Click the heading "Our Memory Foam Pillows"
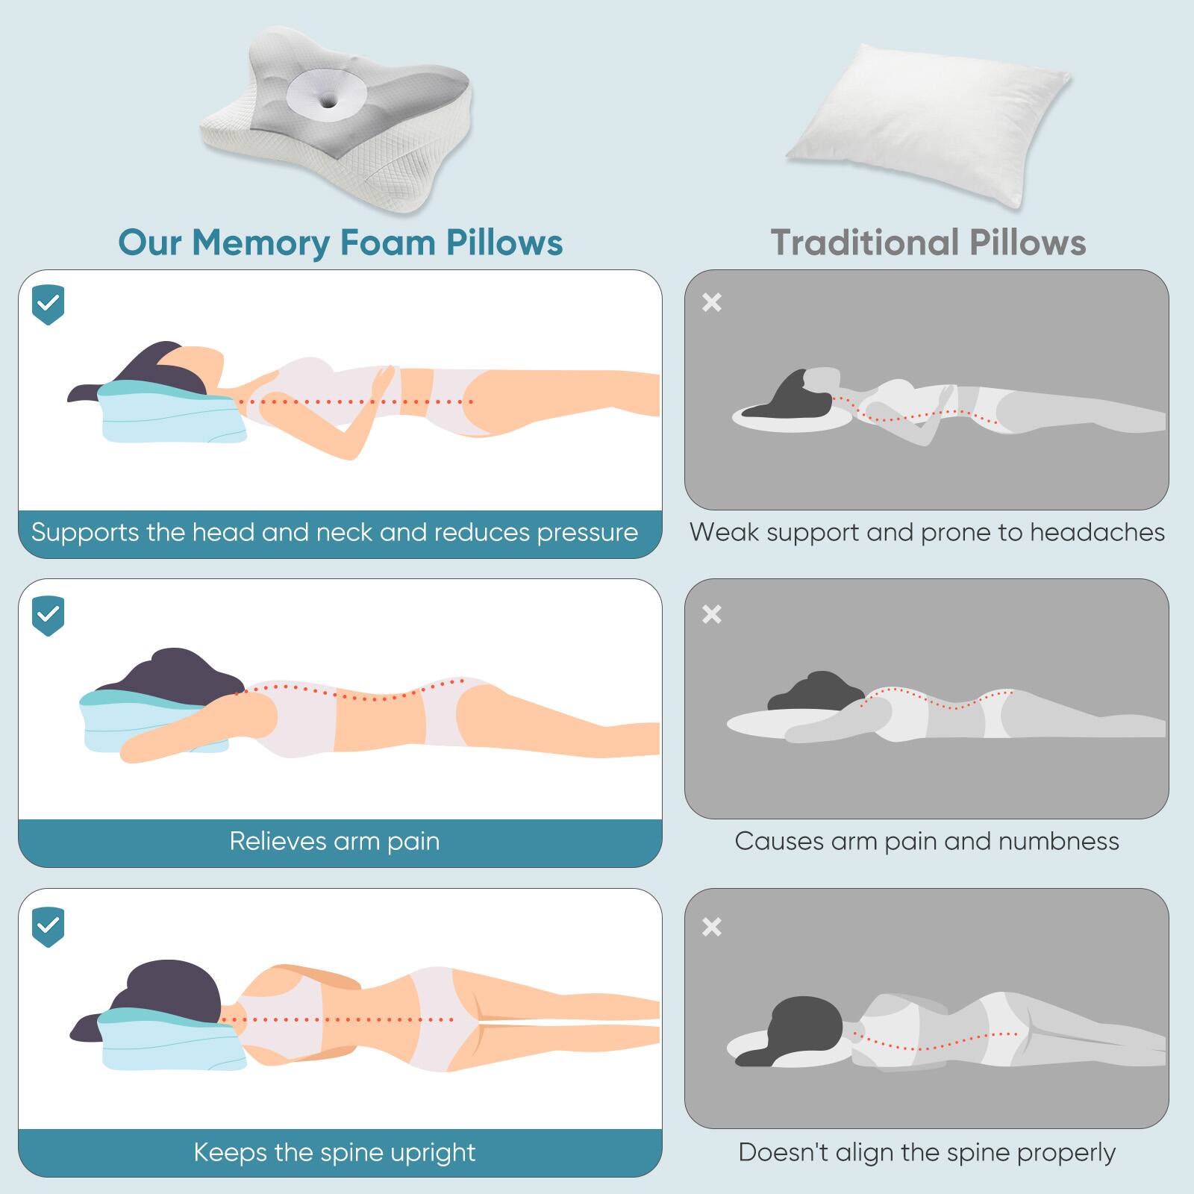pyautogui.click(x=340, y=243)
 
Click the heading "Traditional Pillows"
pyautogui.click(x=928, y=243)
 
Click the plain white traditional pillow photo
pyautogui.click(x=928, y=123)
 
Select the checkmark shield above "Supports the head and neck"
pyautogui.click(x=49, y=304)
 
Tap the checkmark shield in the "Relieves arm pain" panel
pyautogui.click(x=49, y=616)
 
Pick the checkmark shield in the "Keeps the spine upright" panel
pyautogui.click(x=49, y=927)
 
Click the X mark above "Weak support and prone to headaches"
pyautogui.click(x=712, y=302)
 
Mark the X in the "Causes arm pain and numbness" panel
pyautogui.click(x=712, y=614)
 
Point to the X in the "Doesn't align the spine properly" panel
pyautogui.click(x=712, y=927)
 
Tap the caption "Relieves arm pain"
pyautogui.click(x=334, y=841)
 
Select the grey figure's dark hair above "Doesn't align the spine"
pyautogui.click(x=802, y=1022)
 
